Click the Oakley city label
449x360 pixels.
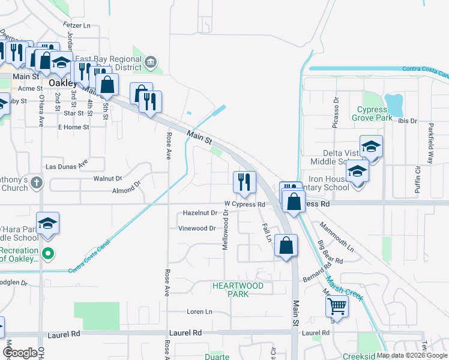(62, 83)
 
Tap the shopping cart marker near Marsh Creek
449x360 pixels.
(337, 307)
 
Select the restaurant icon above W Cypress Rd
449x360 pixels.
(244, 182)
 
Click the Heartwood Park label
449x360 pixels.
(238, 290)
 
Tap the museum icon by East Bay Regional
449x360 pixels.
(151, 61)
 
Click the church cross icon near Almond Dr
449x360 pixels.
(37, 183)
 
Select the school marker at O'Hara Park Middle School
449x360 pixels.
(47, 224)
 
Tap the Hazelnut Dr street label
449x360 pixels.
(199, 214)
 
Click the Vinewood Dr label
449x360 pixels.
(197, 229)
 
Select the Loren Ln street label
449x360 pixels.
(200, 312)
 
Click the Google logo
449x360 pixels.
(20, 353)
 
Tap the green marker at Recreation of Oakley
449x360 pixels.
(49, 254)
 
